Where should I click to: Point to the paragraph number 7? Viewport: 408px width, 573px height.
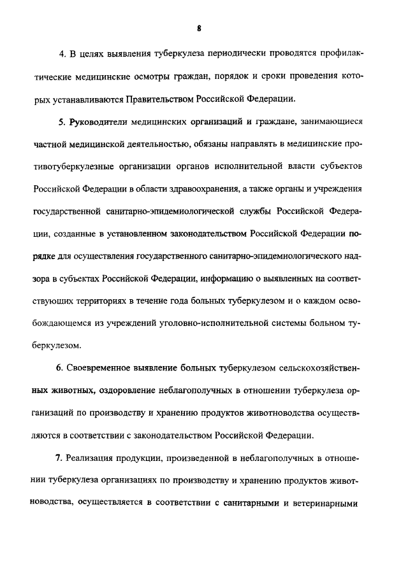pos(62,460)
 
